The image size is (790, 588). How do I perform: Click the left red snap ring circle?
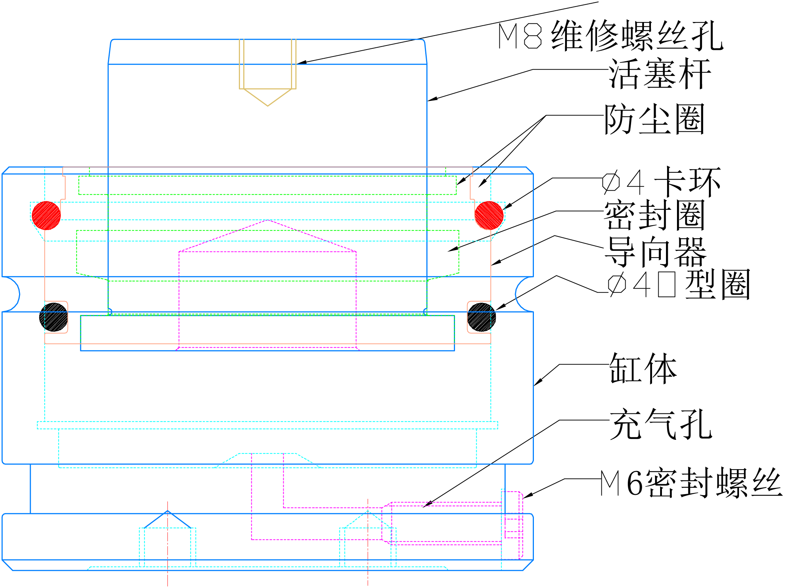[46, 215]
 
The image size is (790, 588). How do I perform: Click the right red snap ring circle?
[489, 215]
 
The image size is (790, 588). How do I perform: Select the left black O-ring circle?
[54, 317]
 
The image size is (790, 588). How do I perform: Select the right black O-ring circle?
[481, 317]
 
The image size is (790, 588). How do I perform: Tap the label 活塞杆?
[659, 74]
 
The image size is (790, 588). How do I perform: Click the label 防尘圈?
[654, 119]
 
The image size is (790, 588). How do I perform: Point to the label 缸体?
[643, 368]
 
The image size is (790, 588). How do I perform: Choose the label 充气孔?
[660, 424]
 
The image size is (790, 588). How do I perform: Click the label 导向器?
[655, 252]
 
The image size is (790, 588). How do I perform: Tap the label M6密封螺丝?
[691, 483]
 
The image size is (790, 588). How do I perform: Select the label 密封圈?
[654, 215]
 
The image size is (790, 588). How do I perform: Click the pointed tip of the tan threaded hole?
[267, 106]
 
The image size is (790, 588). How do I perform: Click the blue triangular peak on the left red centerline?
[167, 511]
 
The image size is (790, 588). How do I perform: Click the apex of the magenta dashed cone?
[267, 220]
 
